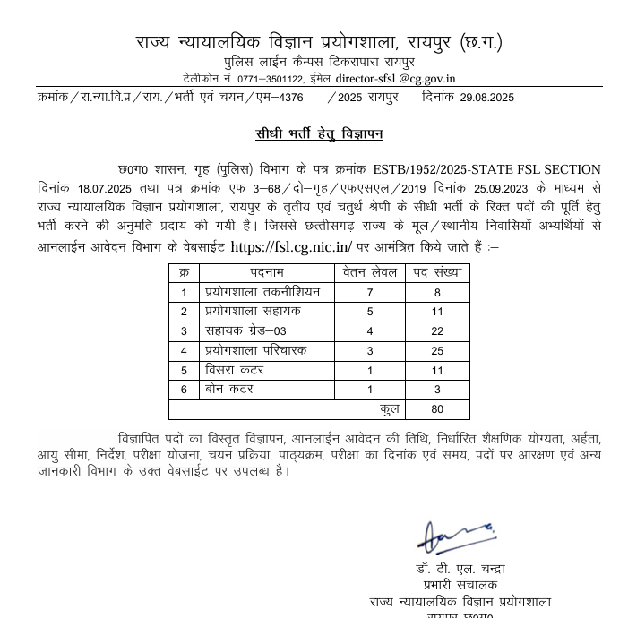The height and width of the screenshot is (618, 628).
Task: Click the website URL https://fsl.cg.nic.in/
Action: [x=292, y=246]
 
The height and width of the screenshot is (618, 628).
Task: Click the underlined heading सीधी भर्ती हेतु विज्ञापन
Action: [x=319, y=134]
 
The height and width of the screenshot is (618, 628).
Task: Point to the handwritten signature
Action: [x=455, y=537]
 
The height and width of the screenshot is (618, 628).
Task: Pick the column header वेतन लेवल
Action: [x=369, y=272]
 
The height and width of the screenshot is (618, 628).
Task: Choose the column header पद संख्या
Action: [x=437, y=272]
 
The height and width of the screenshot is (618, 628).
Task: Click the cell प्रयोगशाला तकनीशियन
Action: [x=262, y=292]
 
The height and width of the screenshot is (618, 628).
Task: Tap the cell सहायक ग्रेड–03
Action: [x=245, y=331]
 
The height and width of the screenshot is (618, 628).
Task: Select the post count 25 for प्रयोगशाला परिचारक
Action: [x=437, y=351]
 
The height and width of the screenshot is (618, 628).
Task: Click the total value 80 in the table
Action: [x=437, y=410]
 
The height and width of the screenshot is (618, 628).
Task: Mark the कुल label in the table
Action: [x=389, y=409]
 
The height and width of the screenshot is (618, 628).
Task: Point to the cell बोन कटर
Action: [x=229, y=390]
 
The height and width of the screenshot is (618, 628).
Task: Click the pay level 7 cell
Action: [x=369, y=293]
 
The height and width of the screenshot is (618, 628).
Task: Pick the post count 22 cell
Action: [x=437, y=331]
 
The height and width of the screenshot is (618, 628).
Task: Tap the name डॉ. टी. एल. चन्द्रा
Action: [x=460, y=569]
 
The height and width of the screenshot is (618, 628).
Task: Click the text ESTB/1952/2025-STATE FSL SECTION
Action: [x=486, y=169]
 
